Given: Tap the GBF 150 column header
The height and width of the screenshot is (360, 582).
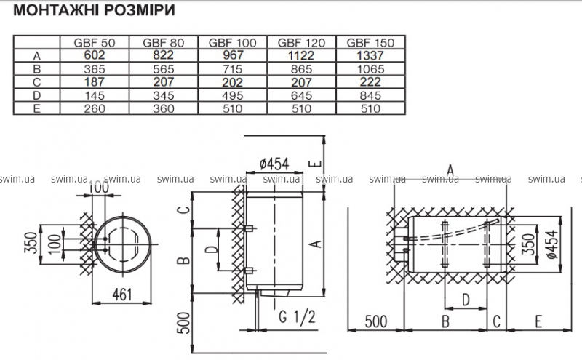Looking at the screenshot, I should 371,43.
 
